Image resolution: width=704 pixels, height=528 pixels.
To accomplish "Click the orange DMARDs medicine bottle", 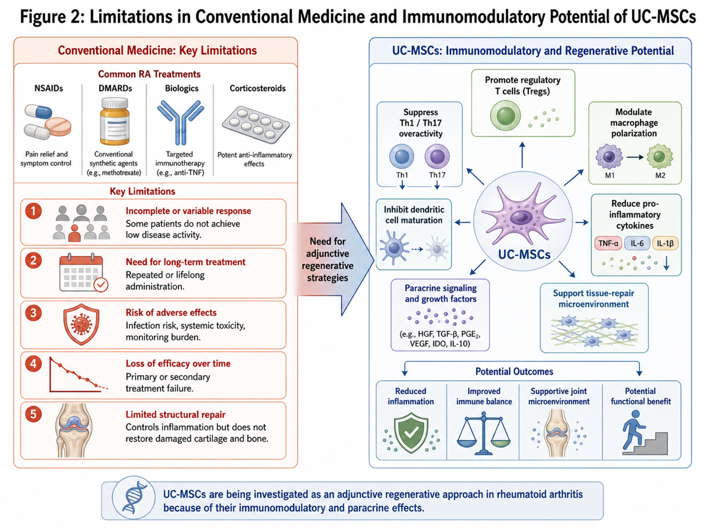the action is click(x=114, y=121).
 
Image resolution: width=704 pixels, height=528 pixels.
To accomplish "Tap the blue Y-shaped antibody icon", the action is click(x=180, y=122).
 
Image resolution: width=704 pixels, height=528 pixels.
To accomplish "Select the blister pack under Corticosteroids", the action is click(x=256, y=124).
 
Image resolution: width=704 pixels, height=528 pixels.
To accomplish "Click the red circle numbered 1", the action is click(x=33, y=211).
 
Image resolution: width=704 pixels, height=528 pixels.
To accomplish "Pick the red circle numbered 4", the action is click(x=33, y=364).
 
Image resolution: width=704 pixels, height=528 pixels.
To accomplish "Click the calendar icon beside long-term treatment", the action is click(x=84, y=273).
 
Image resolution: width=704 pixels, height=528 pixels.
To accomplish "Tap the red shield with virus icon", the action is click(x=81, y=324).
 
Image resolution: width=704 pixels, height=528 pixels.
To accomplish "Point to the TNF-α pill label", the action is click(x=608, y=243).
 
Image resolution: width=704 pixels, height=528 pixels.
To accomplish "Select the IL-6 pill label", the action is click(x=637, y=243).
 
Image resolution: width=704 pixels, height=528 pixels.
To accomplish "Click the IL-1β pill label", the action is click(x=665, y=243).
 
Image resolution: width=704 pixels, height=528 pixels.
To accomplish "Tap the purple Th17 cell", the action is click(x=437, y=156).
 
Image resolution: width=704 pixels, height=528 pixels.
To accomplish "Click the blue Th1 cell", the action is click(x=402, y=156).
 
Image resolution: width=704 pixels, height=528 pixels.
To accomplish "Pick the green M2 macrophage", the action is click(x=659, y=157).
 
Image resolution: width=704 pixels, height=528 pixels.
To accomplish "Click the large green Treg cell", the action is click(x=505, y=116).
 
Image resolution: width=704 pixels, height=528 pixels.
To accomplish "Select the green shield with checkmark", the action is click(x=411, y=433).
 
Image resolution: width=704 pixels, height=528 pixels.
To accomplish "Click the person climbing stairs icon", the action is click(x=644, y=432).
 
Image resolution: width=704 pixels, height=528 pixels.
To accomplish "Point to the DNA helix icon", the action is click(x=134, y=498).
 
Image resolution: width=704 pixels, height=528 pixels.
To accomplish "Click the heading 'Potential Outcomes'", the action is click(x=514, y=372).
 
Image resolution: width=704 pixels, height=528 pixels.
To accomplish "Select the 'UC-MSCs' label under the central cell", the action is click(x=524, y=254).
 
